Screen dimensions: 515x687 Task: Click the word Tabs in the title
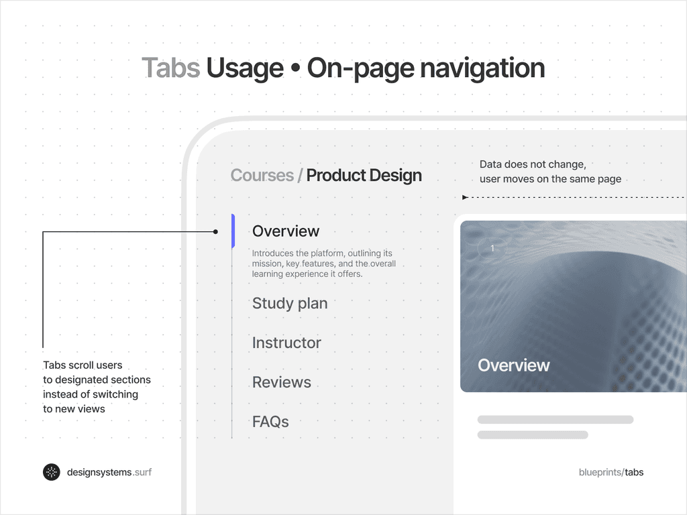pyautogui.click(x=170, y=68)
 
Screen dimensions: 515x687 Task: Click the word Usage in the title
pyautogui.click(x=245, y=68)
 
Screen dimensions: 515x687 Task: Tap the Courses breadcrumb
pyautogui.click(x=262, y=176)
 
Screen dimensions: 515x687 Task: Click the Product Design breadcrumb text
pyautogui.click(x=364, y=176)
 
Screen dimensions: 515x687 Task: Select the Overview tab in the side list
pyautogui.click(x=286, y=231)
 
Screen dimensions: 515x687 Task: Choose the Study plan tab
pyautogui.click(x=290, y=303)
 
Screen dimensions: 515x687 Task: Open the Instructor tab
pyautogui.click(x=286, y=343)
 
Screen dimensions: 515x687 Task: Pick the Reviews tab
pyautogui.click(x=282, y=382)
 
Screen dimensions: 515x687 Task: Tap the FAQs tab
pyautogui.click(x=270, y=422)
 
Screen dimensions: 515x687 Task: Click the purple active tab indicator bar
pyautogui.click(x=233, y=231)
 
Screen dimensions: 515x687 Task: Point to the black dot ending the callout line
pyautogui.click(x=215, y=232)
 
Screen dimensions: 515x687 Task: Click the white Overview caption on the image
pyautogui.click(x=514, y=365)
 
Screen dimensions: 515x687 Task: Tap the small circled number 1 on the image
pyautogui.click(x=492, y=249)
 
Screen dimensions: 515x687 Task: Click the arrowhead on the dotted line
pyautogui.click(x=465, y=197)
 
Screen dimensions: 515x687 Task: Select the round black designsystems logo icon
pyautogui.click(x=52, y=472)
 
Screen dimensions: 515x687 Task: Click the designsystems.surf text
pyautogui.click(x=109, y=472)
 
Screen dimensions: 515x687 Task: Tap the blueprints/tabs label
pyautogui.click(x=611, y=472)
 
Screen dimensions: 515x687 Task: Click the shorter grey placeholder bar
pyautogui.click(x=533, y=435)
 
